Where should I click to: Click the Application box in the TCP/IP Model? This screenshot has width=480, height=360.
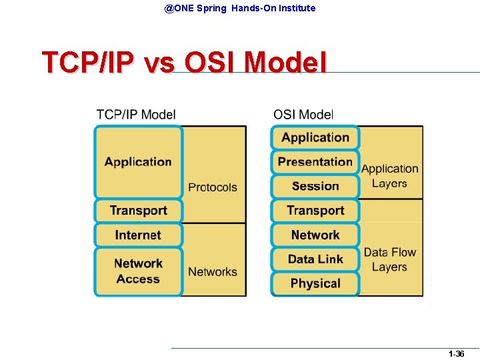click(138, 162)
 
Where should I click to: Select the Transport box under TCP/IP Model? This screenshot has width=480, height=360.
click(138, 211)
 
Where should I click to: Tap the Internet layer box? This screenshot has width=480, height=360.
click(138, 235)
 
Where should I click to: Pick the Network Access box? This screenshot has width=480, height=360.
click(138, 272)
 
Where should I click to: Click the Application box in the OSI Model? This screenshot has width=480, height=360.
click(315, 137)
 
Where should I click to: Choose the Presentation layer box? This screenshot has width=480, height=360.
click(315, 162)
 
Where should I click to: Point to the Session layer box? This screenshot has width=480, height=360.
click(315, 186)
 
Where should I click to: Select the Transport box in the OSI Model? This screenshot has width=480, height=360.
click(315, 211)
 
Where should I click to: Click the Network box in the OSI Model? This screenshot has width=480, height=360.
click(315, 235)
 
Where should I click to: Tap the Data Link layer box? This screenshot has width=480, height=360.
click(315, 259)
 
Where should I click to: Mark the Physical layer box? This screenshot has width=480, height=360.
click(315, 283)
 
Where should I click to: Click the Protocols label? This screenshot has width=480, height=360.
click(213, 187)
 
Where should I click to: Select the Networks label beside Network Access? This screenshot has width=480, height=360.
click(213, 271)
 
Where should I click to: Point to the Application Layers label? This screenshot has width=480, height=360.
click(390, 176)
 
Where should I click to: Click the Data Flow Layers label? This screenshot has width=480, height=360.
click(390, 259)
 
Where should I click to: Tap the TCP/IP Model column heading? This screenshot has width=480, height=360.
click(136, 115)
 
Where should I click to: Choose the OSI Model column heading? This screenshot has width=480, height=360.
click(303, 115)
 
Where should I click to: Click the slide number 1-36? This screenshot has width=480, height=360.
click(457, 354)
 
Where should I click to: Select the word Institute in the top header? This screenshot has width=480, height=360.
click(294, 8)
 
